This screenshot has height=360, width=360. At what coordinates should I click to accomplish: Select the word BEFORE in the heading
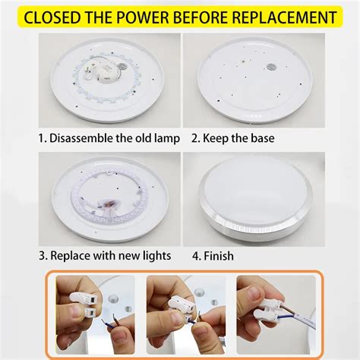tap(204, 16)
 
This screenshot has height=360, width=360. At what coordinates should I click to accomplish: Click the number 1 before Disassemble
tap(43, 138)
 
